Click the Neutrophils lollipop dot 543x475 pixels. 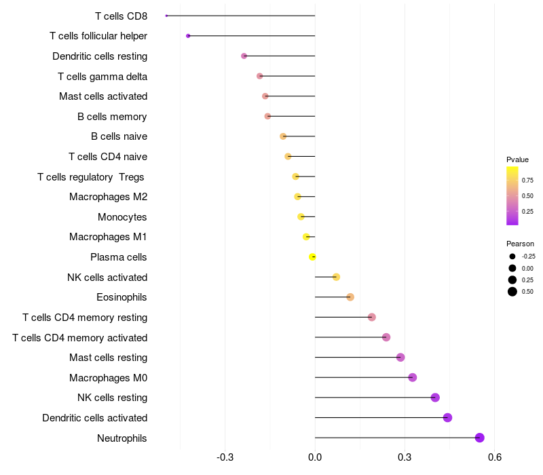tap(480, 438)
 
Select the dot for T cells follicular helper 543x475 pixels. tap(188, 35)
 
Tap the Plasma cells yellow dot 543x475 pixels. tap(312, 256)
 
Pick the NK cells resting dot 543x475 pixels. tap(435, 398)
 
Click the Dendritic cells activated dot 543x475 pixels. tap(447, 417)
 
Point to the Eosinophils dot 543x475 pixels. tap(350, 297)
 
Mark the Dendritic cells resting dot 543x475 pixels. tap(244, 56)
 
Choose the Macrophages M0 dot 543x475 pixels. tap(412, 377)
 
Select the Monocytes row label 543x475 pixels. tap(122, 217)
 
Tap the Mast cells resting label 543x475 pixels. tap(108, 358)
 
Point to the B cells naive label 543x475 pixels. tap(119, 136)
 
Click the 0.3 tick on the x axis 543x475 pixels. tap(405, 458)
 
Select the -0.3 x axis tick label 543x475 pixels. tap(225, 458)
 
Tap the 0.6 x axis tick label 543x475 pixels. tap(495, 458)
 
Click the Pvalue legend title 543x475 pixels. tap(517, 159)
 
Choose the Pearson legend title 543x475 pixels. tap(520, 244)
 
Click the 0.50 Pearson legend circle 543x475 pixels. tap(512, 292)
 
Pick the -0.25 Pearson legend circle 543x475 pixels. tap(512, 256)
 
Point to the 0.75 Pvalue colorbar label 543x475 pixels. tap(527, 180)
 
